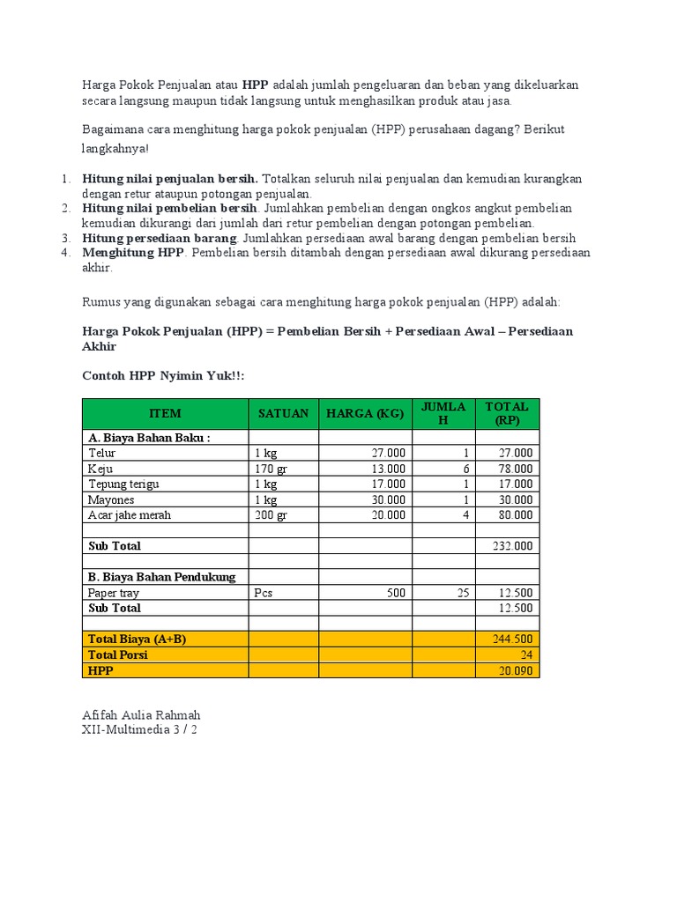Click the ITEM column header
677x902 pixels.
[x=165, y=413]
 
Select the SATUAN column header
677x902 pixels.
[x=283, y=413]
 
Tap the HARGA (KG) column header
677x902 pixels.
[x=365, y=413]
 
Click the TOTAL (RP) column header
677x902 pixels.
[x=507, y=413]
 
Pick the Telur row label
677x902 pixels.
[x=102, y=453]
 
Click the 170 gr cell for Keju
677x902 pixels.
[x=271, y=469]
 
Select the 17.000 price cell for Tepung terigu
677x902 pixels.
[x=388, y=484]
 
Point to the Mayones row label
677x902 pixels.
[x=111, y=499]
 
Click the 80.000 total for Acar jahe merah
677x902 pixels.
[x=515, y=515]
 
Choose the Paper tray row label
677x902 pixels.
[x=114, y=593]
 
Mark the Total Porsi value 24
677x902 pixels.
[x=525, y=655]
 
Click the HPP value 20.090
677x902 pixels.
[x=515, y=671]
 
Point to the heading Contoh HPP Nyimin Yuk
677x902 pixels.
[x=163, y=376]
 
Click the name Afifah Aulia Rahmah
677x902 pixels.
[x=147, y=714]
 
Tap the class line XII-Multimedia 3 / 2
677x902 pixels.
[x=139, y=730]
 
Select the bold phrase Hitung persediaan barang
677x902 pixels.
[x=159, y=238]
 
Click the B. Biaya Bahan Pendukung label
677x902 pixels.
[x=162, y=577]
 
